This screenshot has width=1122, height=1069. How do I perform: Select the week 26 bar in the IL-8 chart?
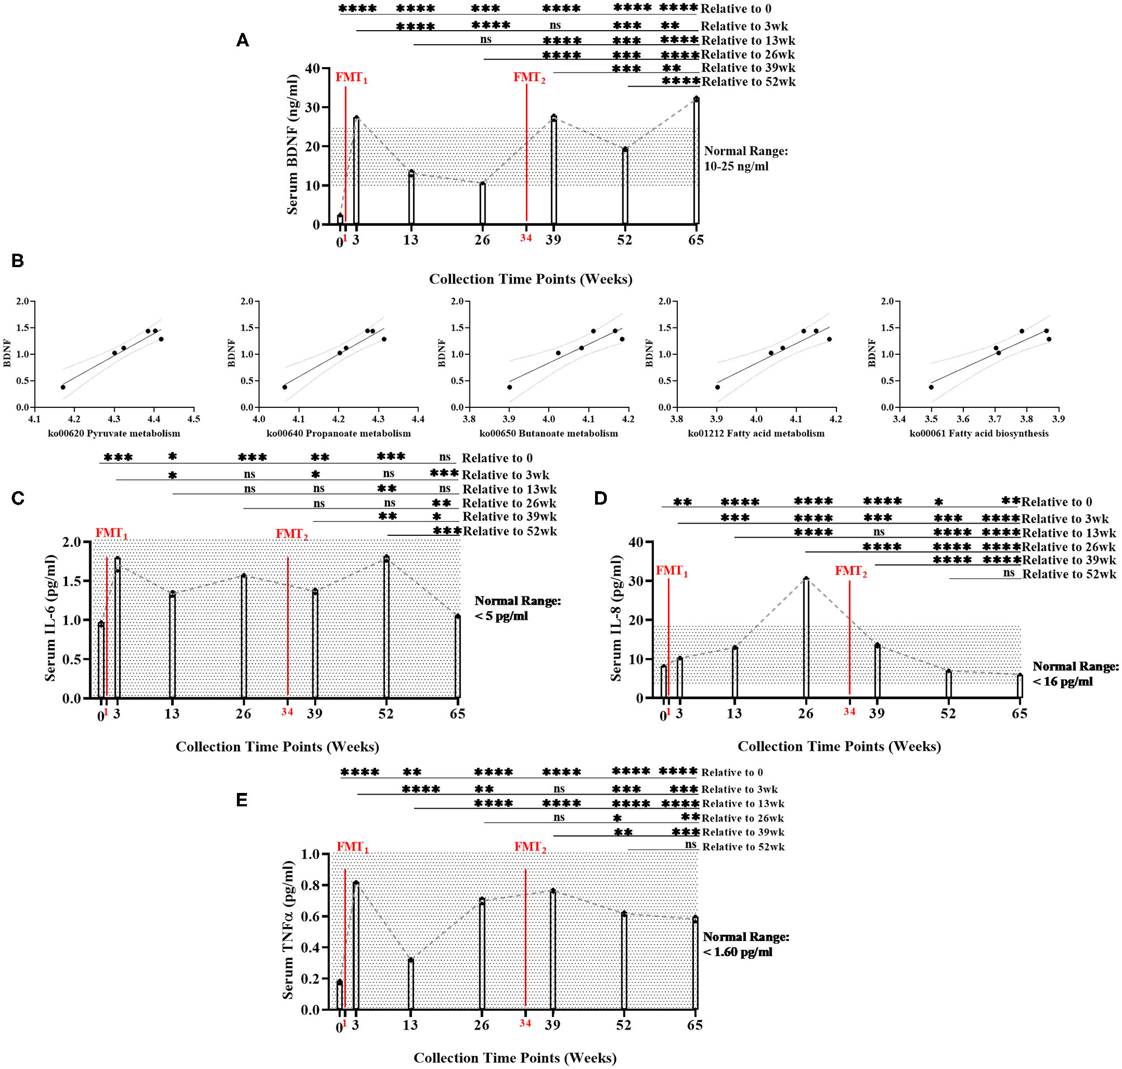[x=806, y=638]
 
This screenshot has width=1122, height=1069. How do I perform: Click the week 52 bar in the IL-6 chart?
[x=386, y=627]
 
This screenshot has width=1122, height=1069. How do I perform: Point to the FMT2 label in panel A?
[x=529, y=78]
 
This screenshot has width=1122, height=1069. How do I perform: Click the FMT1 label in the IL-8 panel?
[x=671, y=571]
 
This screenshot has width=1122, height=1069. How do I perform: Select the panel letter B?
[x=18, y=261]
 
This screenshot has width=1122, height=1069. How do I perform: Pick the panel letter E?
[x=241, y=800]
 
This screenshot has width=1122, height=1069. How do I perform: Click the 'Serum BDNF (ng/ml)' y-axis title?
[x=292, y=144]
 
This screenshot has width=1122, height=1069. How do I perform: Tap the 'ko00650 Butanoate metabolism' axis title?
[x=548, y=433]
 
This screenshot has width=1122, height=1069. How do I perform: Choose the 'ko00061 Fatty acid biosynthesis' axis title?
[x=978, y=433]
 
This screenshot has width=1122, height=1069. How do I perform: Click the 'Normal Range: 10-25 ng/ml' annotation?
[x=745, y=158]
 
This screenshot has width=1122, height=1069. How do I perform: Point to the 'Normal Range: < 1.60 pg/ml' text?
[x=745, y=944]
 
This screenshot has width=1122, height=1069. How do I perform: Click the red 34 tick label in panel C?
[x=287, y=711]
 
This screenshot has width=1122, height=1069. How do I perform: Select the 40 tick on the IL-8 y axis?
[x=636, y=542]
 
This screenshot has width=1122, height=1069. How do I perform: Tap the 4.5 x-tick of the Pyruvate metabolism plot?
[x=194, y=419]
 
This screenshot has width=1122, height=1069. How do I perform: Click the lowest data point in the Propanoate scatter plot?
[x=284, y=387]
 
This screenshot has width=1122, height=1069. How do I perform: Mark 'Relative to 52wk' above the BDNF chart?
[x=748, y=82]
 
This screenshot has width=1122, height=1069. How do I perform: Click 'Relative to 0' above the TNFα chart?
[x=731, y=772]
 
